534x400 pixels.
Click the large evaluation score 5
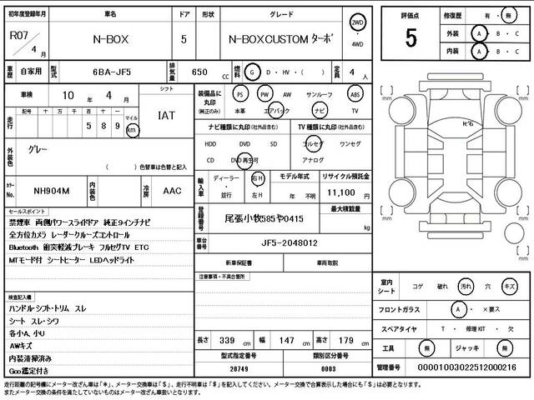click(x=411, y=37)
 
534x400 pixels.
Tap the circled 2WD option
click(x=358, y=22)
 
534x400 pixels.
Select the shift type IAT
click(x=167, y=116)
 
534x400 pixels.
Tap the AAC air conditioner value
click(x=172, y=190)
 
